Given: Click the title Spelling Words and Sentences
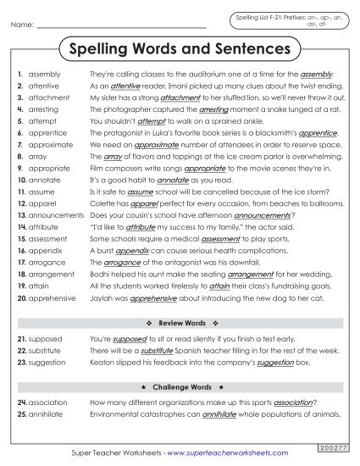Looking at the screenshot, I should pos(179,49).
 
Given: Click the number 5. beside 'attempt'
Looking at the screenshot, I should pos(19,121).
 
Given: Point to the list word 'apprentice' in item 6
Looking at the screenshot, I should pos(46,133).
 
